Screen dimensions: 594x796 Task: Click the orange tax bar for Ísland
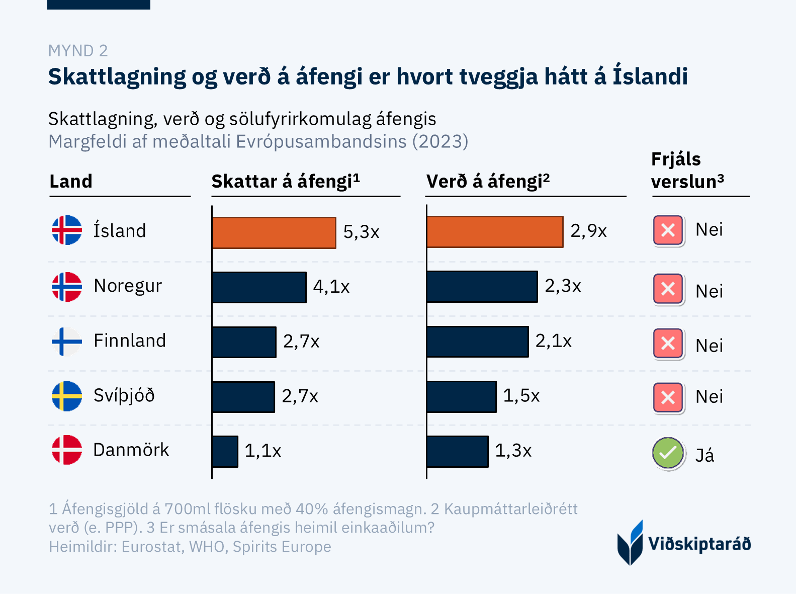274,232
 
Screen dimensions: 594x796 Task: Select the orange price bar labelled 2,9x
494,232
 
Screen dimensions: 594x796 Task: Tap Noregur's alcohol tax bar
259,287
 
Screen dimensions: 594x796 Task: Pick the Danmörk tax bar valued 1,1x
225,451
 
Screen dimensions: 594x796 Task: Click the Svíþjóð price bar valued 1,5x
461,396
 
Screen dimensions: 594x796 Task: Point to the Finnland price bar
477,342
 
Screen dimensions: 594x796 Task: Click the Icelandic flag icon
67,230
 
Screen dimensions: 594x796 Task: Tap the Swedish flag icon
67,396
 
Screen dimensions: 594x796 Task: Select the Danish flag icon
67,450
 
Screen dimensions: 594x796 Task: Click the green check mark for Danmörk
668,453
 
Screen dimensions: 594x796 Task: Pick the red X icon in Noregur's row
668,289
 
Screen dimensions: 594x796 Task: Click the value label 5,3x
361,232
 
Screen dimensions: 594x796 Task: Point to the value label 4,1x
331,287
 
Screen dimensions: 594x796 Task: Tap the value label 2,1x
553,341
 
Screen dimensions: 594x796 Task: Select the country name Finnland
130,341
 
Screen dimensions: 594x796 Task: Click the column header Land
71,181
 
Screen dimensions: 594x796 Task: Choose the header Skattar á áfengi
285,181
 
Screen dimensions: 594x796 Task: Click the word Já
704,455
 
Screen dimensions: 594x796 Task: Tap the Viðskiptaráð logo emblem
630,543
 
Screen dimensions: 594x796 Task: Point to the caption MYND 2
78,51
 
